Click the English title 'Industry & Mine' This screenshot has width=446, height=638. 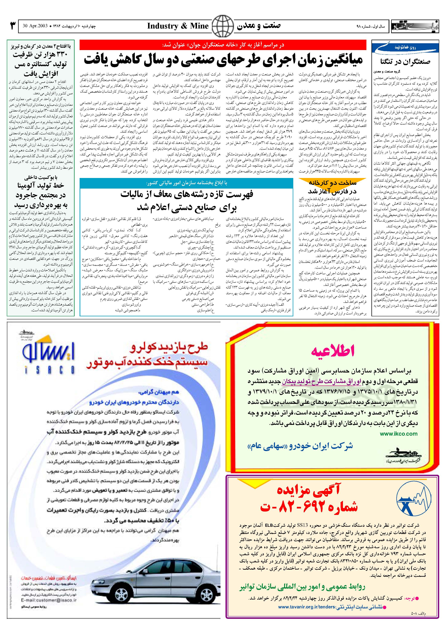[x=178, y=26]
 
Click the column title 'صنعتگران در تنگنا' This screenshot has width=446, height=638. [x=406, y=62]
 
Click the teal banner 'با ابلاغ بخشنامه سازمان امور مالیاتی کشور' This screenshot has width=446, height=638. [x=186, y=183]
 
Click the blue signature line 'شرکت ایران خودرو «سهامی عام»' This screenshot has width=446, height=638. [x=300, y=446]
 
